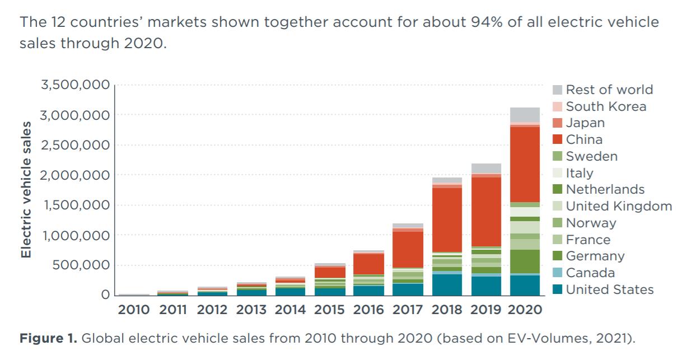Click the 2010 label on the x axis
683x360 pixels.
coord(133,309)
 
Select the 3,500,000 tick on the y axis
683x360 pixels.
coord(75,86)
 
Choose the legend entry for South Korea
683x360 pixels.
coord(606,106)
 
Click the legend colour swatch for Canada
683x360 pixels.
coord(557,273)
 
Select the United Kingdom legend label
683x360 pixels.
coord(619,206)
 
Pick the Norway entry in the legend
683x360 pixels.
coord(591,223)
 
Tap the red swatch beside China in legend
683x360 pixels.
coord(557,139)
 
